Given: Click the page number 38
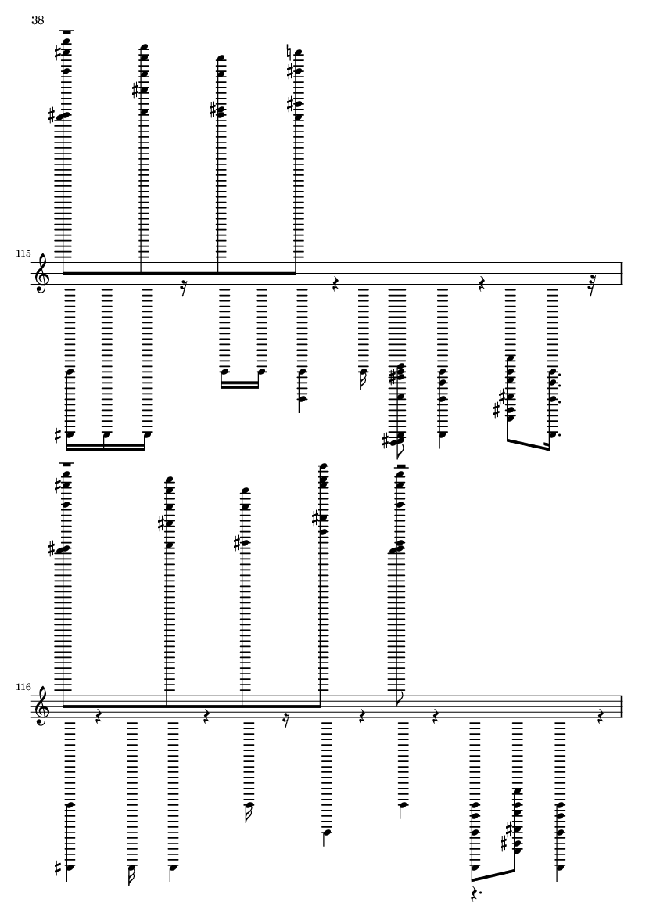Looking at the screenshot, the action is pyautogui.click(x=38, y=20).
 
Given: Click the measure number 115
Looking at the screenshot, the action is pyautogui.click(x=23, y=253).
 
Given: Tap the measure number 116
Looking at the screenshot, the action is pyautogui.click(x=23, y=686).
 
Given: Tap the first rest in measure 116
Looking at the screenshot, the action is pyautogui.click(x=99, y=716).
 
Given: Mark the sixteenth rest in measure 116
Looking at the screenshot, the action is pyautogui.click(x=286, y=717).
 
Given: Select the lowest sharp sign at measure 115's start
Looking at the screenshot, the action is pyautogui.click(x=58, y=436).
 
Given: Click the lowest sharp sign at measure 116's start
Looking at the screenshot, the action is pyautogui.click(x=58, y=868).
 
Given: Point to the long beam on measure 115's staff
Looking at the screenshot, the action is pyautogui.click(x=179, y=273).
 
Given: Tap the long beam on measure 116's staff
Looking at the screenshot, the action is pyautogui.click(x=192, y=706).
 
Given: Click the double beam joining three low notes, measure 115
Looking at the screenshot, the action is pyautogui.click(x=106, y=448).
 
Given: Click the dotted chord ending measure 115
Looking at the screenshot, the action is pyautogui.click(x=553, y=403).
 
